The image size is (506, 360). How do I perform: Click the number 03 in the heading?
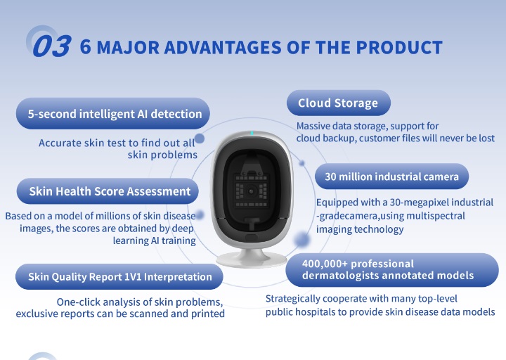click(x=51, y=46)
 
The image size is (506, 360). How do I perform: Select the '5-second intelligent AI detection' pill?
click(x=113, y=114)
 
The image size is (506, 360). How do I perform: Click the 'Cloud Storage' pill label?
click(x=338, y=103)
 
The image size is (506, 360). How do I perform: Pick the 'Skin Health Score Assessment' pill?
click(x=108, y=191)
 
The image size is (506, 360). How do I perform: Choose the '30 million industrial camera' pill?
click(x=391, y=176)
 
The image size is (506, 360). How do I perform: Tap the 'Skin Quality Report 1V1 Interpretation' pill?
click(x=119, y=277)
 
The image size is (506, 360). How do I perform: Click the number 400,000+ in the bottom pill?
click(x=325, y=264)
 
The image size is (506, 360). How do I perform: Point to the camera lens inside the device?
click(x=252, y=191)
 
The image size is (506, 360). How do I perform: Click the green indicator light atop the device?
click(x=252, y=133)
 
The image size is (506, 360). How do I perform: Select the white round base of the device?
click(x=252, y=259)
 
